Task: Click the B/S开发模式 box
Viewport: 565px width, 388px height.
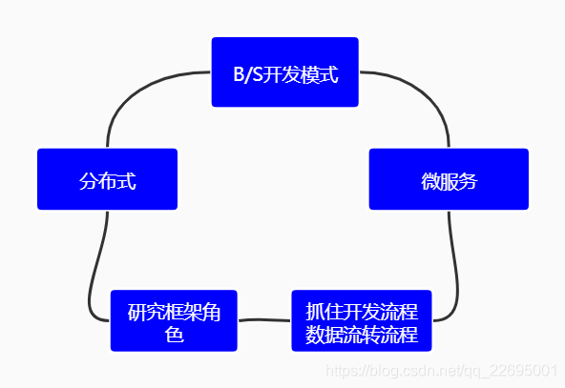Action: [x=284, y=72]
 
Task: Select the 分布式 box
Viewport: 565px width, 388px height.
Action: [x=107, y=179]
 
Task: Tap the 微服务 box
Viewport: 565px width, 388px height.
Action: [x=449, y=179]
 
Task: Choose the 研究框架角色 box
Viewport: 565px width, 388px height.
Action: [x=174, y=320]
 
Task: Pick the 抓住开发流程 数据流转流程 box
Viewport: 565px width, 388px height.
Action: [x=362, y=320]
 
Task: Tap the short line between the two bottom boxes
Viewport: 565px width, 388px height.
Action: [x=264, y=320]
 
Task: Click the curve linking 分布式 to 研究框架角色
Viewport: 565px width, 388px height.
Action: [x=95, y=267]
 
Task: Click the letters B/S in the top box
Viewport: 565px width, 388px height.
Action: [x=247, y=74]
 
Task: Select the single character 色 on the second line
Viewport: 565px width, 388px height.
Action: [x=174, y=335]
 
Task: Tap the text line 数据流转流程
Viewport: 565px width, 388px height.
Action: [x=362, y=335]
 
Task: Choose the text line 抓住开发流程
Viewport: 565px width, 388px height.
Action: [x=362, y=311]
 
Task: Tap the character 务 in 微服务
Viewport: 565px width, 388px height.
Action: [x=468, y=181]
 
